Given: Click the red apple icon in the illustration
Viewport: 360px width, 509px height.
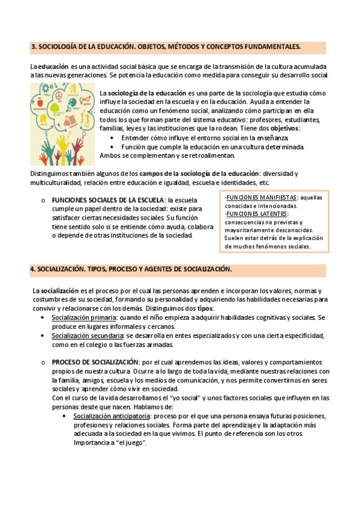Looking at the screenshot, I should click(x=40, y=103).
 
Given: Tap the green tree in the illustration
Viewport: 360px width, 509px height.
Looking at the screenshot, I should click(x=55, y=109).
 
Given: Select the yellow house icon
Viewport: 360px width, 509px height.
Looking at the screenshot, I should click(x=43, y=118).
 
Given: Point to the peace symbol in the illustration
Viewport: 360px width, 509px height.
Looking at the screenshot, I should click(x=59, y=95).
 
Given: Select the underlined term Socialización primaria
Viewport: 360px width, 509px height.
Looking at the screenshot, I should click(x=83, y=317).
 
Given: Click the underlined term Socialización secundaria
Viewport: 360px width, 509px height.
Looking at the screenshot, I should click(x=87, y=336).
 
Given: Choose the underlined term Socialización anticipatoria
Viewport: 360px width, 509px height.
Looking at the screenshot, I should click(x=112, y=416).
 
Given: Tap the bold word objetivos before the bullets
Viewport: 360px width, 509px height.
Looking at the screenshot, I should click(x=285, y=128).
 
